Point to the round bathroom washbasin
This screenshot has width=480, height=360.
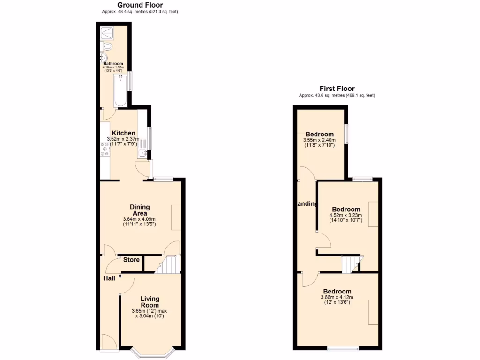103,58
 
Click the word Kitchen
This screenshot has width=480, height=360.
123,133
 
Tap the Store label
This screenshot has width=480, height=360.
131,260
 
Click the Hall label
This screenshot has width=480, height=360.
109,278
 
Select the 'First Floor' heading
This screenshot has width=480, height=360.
337,88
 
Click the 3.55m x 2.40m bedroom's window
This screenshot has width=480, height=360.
347,134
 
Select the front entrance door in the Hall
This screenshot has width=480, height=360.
109,341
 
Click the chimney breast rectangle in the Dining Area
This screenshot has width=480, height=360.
176,217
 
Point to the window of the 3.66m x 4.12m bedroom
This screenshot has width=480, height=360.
343,348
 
